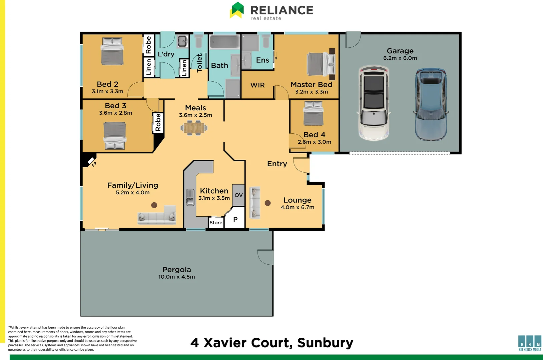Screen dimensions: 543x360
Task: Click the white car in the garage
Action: click(x=374, y=103)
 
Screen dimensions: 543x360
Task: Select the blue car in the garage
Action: click(x=431, y=104)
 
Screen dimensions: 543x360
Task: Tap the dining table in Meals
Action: click(x=194, y=128)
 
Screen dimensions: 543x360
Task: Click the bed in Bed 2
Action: click(x=112, y=51)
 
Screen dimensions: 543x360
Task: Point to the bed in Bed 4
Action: click(x=313, y=113)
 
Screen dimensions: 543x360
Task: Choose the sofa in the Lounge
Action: click(x=255, y=203)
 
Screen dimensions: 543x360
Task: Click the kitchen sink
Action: click(x=190, y=197)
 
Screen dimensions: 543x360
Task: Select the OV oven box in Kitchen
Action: click(x=238, y=195)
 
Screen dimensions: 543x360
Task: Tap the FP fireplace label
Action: click(x=94, y=164)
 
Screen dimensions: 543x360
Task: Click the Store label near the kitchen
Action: click(x=216, y=222)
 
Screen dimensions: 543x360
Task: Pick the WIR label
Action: click(x=257, y=85)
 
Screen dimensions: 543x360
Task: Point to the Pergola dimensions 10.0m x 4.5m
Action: click(x=177, y=277)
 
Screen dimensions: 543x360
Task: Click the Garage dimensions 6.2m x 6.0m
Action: click(x=400, y=58)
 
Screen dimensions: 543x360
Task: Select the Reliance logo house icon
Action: click(x=237, y=10)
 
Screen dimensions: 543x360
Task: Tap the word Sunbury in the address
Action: click(x=325, y=343)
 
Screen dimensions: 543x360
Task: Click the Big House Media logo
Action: click(x=530, y=343)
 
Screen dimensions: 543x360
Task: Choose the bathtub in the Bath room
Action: click(x=224, y=42)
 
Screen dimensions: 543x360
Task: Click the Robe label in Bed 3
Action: click(x=158, y=122)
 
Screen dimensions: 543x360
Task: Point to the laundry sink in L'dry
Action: click(x=182, y=41)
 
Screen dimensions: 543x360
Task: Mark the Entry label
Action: click(x=277, y=164)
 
